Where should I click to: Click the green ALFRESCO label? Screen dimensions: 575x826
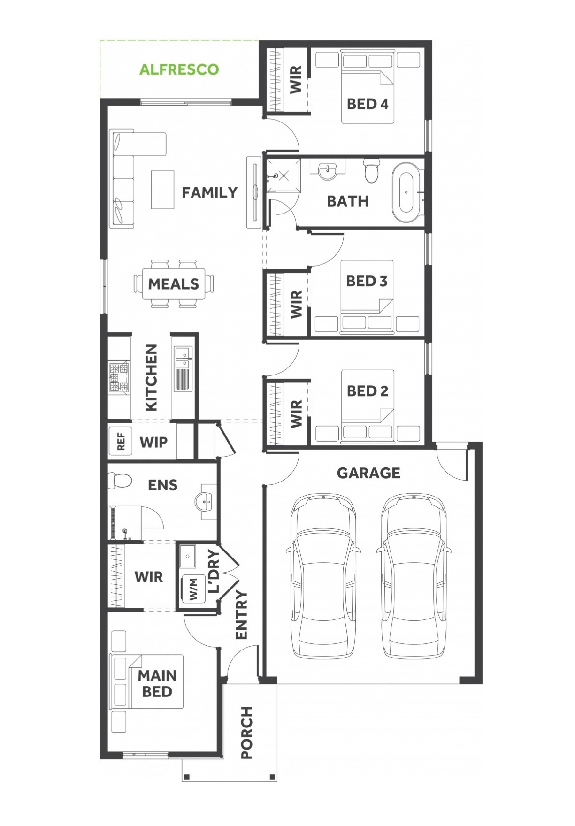point(179,69)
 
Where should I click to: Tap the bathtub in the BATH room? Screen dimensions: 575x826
point(406,192)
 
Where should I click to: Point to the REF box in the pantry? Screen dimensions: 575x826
point(121,442)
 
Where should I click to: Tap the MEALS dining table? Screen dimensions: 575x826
point(174,283)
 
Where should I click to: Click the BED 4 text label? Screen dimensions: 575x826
point(368,104)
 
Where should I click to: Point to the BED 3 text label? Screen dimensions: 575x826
point(367,281)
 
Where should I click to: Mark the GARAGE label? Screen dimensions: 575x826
point(368,473)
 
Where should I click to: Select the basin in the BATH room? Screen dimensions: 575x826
point(327,171)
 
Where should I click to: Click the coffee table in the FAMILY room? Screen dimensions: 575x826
point(162,189)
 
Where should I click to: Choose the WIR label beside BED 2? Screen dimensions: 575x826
point(296,414)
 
